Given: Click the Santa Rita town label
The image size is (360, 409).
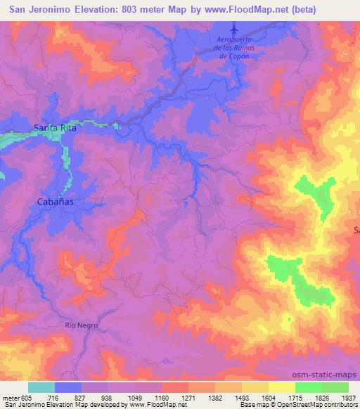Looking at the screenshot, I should pyautogui.click(x=55, y=129).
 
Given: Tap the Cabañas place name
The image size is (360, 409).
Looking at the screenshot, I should pyautogui.click(x=55, y=201).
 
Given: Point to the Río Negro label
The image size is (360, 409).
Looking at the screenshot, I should pyautogui.click(x=81, y=325).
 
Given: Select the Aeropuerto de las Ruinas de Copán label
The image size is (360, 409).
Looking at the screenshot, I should pyautogui.click(x=235, y=49).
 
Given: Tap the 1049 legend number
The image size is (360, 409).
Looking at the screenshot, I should pyautogui.click(x=136, y=397).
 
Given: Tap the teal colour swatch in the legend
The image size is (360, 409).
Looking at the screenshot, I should pyautogui.click(x=41, y=387).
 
